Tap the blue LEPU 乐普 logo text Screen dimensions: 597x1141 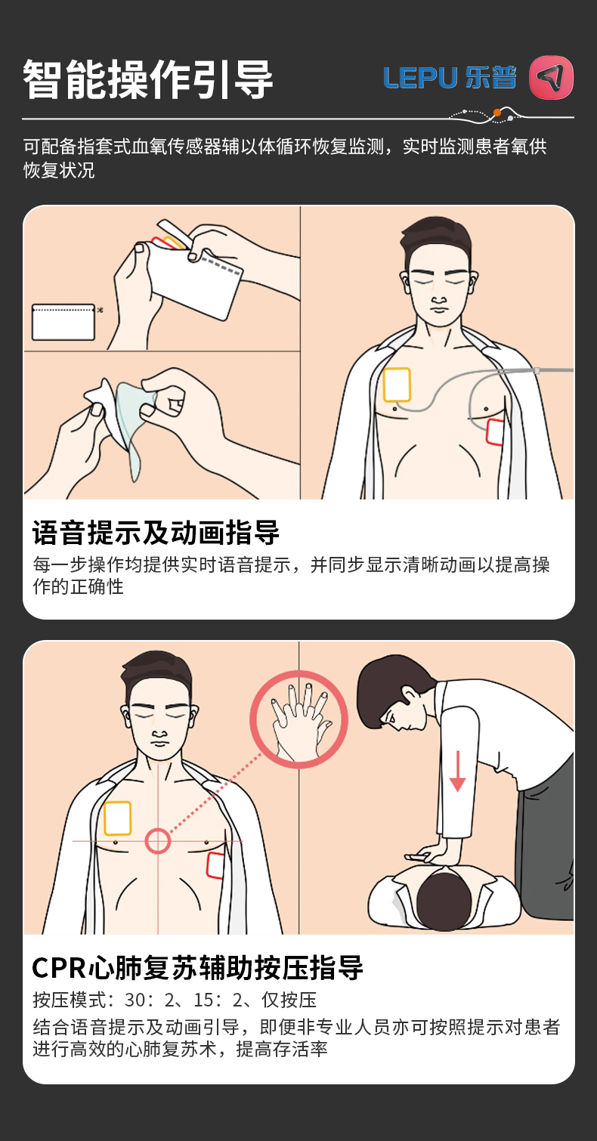(450, 78)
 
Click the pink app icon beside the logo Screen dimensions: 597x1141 (551, 77)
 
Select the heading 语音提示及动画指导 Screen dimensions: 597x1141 (156, 533)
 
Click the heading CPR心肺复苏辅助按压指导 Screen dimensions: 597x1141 (198, 968)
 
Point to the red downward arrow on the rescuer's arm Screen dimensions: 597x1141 (457, 771)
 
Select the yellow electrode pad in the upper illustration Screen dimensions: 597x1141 (397, 385)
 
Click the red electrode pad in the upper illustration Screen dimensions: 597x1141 (495, 432)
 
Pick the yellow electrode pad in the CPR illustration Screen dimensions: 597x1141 (118, 818)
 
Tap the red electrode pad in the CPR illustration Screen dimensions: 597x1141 (215, 865)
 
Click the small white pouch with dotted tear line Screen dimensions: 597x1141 (63, 323)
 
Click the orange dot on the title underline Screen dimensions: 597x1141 (497, 113)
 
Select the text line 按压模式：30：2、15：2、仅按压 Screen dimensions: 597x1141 (175, 1000)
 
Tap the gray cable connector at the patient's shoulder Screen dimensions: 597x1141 (537, 371)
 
